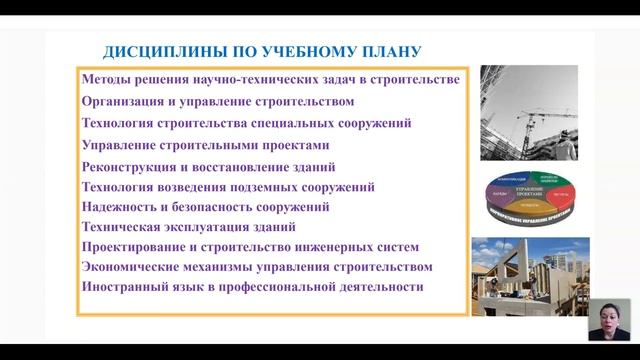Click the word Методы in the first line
point(108,79)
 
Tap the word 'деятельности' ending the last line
point(381,287)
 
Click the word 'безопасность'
point(209,207)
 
